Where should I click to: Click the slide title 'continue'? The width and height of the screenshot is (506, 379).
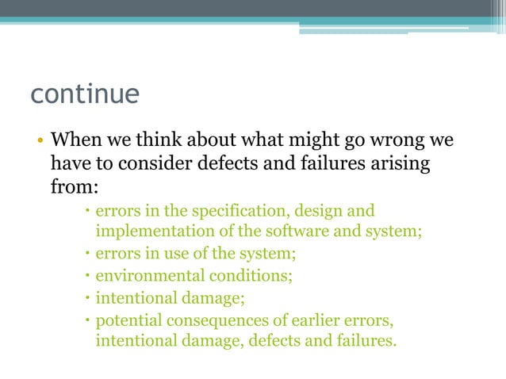(85, 94)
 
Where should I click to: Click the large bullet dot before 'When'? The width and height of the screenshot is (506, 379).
(37, 144)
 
